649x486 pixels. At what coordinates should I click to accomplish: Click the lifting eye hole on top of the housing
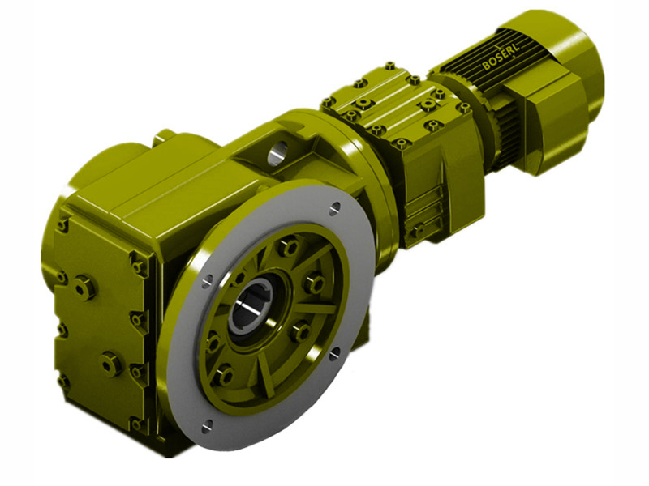tap(277, 151)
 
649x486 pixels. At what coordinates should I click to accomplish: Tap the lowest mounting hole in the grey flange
tap(206, 423)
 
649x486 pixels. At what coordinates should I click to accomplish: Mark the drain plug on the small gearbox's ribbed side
tap(416, 231)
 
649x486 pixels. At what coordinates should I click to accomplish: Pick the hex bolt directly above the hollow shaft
tap(287, 247)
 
